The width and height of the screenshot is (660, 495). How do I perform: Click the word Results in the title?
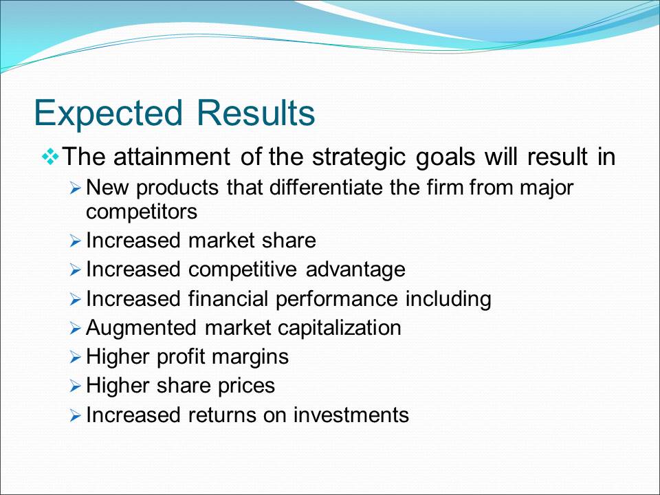tap(256, 113)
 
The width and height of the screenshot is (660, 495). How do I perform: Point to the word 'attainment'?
tap(172, 157)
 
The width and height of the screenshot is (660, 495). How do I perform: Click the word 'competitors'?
tap(142, 212)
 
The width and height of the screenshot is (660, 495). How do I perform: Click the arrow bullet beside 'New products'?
tap(75, 188)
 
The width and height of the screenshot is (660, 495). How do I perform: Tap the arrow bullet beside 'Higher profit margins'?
tap(75, 358)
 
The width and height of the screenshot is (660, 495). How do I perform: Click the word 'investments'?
tap(351, 415)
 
